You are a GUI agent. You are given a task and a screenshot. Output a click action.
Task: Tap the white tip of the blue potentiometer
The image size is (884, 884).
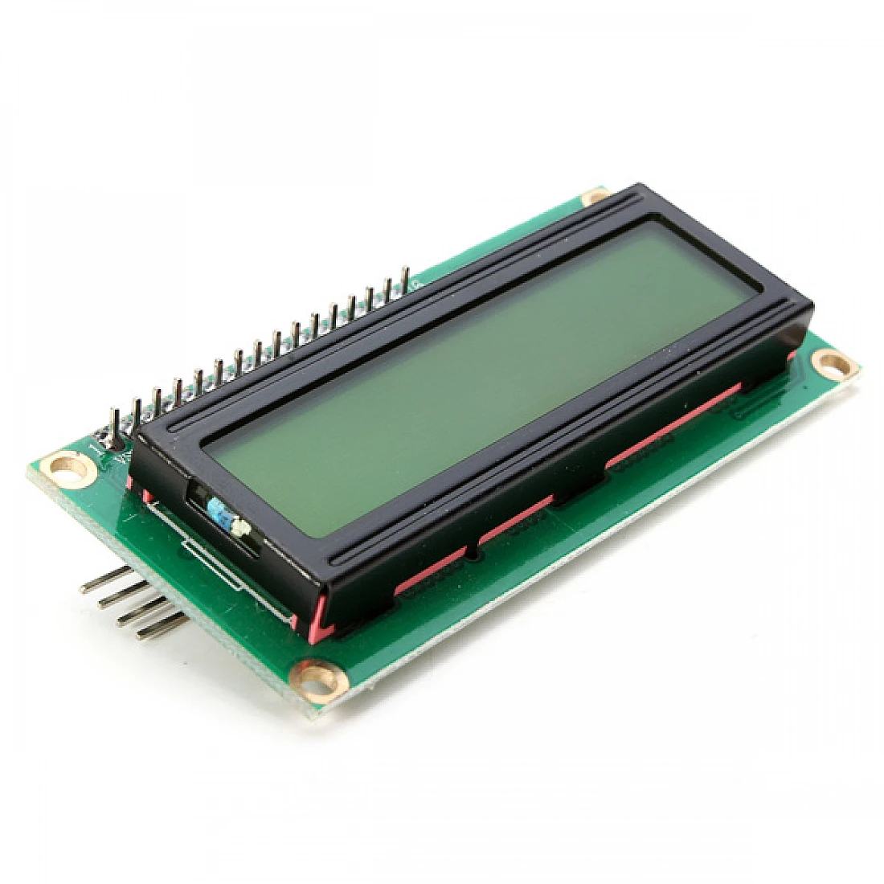[x=239, y=526]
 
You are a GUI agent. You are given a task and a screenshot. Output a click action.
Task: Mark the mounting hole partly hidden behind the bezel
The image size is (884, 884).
[x=595, y=196]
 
